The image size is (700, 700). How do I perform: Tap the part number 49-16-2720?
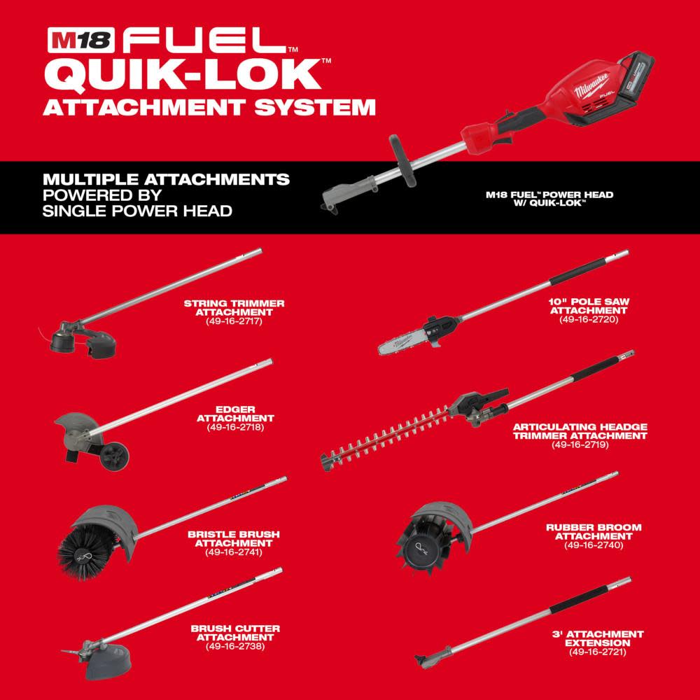(x=589, y=318)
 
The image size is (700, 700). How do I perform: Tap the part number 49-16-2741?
(x=234, y=551)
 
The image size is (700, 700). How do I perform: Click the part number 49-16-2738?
(x=234, y=645)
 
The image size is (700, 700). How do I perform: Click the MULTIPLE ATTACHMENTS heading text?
(x=165, y=180)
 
